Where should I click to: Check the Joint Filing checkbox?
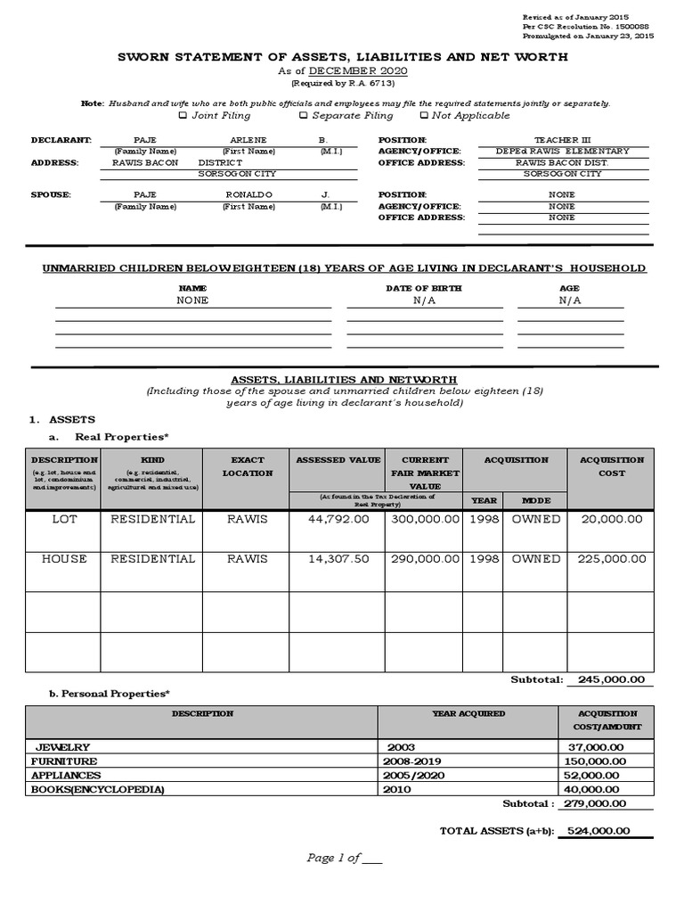tap(183, 116)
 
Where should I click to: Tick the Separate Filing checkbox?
tap(304, 116)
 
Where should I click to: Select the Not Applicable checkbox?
tap(424, 116)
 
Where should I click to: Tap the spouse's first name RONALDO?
tap(248, 194)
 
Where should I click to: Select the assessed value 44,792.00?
tap(336, 519)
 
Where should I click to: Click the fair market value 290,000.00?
tap(422, 559)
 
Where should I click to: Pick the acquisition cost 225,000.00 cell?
tap(610, 559)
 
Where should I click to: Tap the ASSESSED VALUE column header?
tap(338, 460)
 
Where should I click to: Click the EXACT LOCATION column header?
tap(247, 466)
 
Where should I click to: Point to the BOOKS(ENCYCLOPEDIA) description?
tap(98, 790)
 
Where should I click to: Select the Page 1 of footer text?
tap(344, 859)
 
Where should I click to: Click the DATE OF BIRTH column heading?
tap(423, 289)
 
